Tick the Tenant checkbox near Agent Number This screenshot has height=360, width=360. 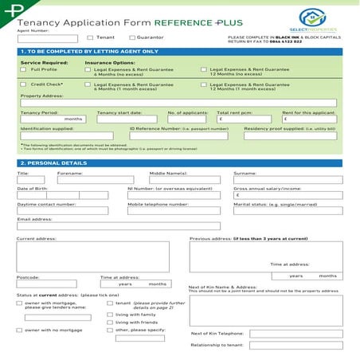pos(90,37)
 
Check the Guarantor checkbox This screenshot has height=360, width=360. pos(131,37)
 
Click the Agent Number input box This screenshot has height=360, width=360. pos(48,37)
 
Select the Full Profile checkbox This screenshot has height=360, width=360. pos(23,69)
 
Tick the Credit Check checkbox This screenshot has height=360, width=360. pos(23,84)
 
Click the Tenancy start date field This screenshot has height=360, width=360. pos(129,119)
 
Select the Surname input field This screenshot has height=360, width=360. pos(288,180)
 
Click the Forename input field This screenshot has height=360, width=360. pos(99,180)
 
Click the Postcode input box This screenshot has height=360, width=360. pos(47,284)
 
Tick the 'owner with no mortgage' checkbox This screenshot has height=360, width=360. pos(19,329)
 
